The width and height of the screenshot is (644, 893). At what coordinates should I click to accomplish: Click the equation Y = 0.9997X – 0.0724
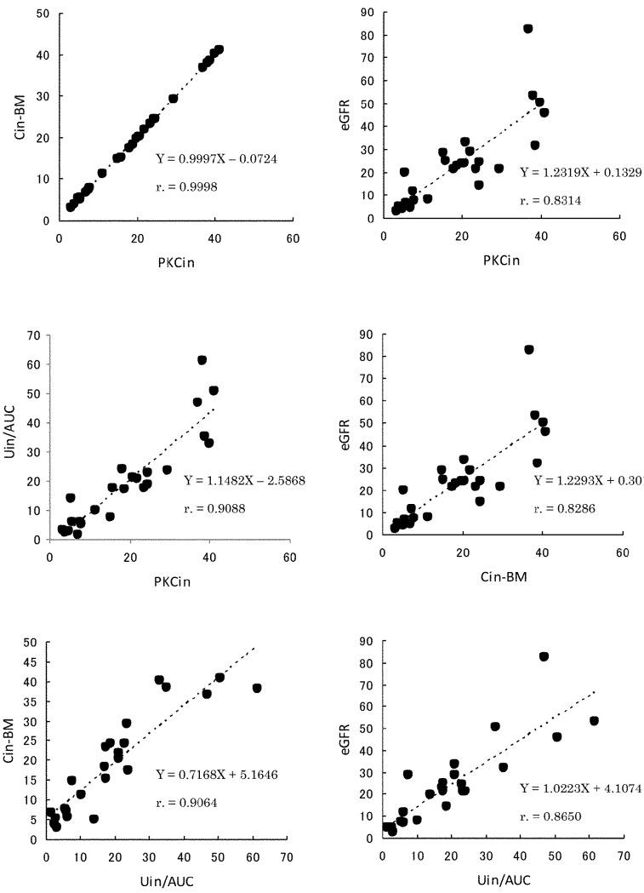(x=216, y=158)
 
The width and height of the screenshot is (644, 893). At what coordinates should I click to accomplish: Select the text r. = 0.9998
(x=187, y=186)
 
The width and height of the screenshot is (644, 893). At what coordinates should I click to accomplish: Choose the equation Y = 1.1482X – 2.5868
(x=244, y=480)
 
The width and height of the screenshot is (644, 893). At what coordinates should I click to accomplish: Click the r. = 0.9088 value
(x=216, y=509)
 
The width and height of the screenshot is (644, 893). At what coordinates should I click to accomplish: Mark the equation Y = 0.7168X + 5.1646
(x=216, y=775)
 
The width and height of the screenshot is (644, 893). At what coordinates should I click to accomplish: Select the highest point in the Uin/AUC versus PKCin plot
(x=202, y=360)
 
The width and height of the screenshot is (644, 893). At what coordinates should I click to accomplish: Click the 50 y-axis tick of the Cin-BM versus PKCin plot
(x=42, y=14)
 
